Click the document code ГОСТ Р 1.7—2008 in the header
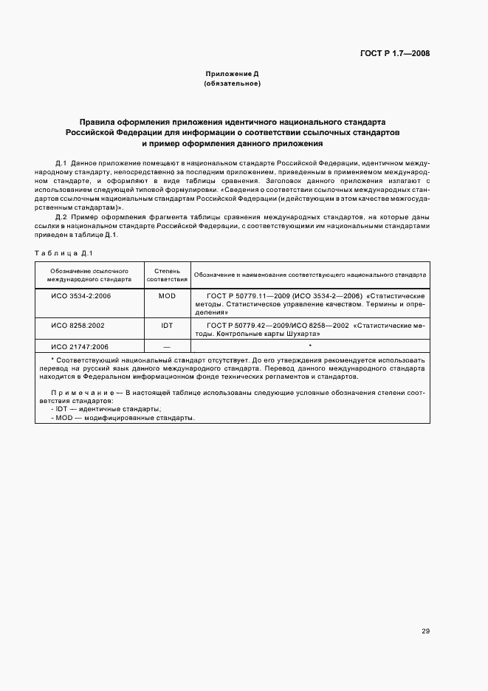click(395, 54)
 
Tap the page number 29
click(426, 630)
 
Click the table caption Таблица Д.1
click(63, 253)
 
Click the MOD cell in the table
click(167, 296)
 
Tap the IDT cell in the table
click(167, 324)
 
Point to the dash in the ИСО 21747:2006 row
click(167, 345)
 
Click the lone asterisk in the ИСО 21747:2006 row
click(310, 345)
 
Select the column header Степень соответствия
click(167, 275)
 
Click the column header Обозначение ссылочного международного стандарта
click(89, 275)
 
